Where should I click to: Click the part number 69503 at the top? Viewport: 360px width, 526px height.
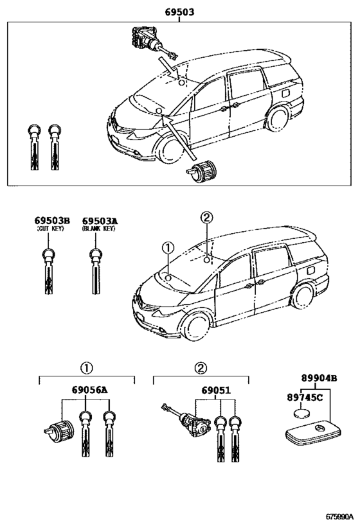(x=179, y=12)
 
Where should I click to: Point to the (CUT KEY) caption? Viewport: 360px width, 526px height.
(x=49, y=229)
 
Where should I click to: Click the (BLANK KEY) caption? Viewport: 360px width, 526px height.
(x=98, y=229)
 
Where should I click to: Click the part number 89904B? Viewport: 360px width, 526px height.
(x=319, y=379)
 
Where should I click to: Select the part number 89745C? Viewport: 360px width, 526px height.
(x=305, y=398)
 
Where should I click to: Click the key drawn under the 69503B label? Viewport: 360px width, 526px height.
(x=49, y=272)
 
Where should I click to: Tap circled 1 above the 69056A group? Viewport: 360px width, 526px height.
(x=86, y=368)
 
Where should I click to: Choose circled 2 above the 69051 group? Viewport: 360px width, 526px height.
(x=200, y=368)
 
